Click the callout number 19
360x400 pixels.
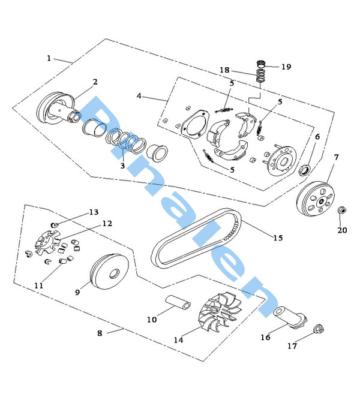[x=286, y=67]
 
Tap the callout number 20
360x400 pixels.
[x=342, y=230]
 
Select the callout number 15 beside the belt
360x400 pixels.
[x=278, y=238]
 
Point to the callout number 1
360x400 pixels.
[x=49, y=58]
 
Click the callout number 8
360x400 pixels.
[x=100, y=333]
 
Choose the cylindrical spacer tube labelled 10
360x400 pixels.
[x=179, y=303]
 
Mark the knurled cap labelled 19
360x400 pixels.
[x=262, y=65]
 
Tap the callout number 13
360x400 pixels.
[x=93, y=212]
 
